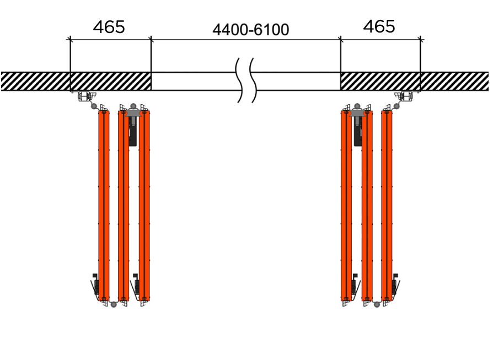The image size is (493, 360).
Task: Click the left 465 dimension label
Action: click(x=109, y=27)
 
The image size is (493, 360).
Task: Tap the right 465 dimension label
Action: click(x=379, y=26)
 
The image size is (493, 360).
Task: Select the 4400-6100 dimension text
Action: click(x=250, y=30)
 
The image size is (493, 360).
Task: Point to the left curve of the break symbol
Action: click(x=239, y=80)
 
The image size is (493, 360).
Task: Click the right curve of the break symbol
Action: click(x=253, y=80)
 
